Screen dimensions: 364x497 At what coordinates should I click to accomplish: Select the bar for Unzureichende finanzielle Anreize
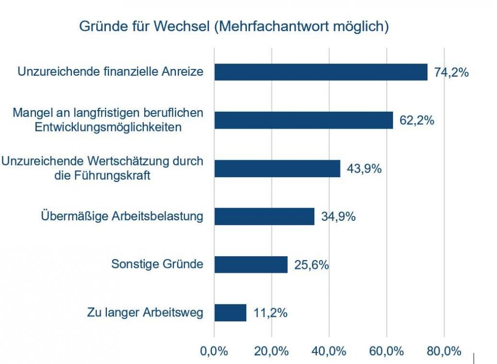point(321,72)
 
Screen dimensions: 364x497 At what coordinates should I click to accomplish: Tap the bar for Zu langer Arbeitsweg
point(230,313)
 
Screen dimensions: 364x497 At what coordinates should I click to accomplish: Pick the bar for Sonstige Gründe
point(251,265)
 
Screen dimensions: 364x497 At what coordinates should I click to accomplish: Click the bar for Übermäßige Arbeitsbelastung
point(264,216)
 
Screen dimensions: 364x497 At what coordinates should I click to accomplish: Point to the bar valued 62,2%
point(304,120)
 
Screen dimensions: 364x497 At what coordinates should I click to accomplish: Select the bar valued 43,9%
point(277,168)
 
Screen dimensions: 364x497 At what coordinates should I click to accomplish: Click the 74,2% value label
point(451,73)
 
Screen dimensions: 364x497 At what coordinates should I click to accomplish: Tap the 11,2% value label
point(271,313)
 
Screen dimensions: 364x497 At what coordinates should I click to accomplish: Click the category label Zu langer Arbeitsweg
point(144,313)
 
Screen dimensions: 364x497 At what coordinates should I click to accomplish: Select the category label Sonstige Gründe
point(157,265)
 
